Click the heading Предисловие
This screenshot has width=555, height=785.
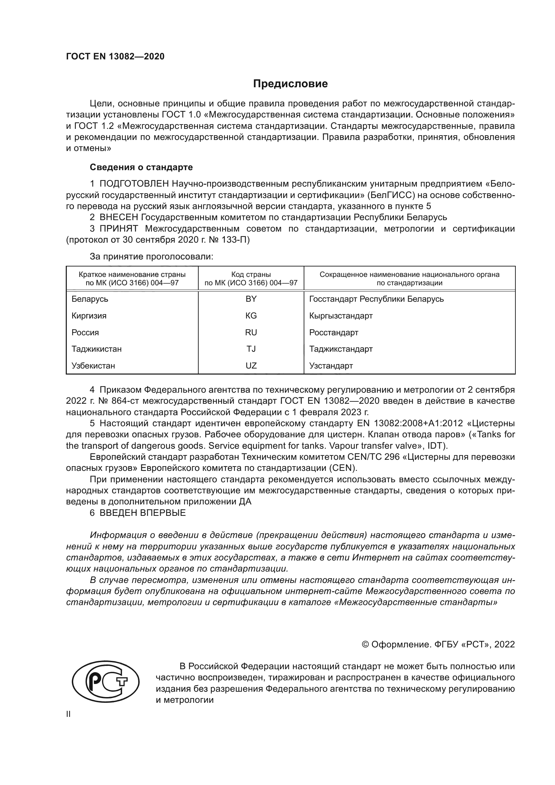[290, 84]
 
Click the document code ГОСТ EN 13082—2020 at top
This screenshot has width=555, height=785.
[115, 56]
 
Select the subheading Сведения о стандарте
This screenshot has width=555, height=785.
[141, 167]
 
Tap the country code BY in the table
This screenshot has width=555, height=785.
[251, 299]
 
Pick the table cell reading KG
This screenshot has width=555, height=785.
[251, 315]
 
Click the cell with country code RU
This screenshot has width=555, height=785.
[251, 332]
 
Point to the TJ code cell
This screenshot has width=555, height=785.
[251, 349]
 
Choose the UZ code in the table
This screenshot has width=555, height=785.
[251, 366]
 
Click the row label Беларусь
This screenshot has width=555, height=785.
[90, 299]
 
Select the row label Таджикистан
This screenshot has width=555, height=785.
[96, 349]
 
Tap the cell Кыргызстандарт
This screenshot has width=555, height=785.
[341, 315]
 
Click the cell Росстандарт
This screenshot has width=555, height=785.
[334, 332]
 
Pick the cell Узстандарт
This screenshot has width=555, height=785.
[331, 366]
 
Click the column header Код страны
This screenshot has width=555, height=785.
[251, 275]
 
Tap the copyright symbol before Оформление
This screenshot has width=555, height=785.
[365, 645]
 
